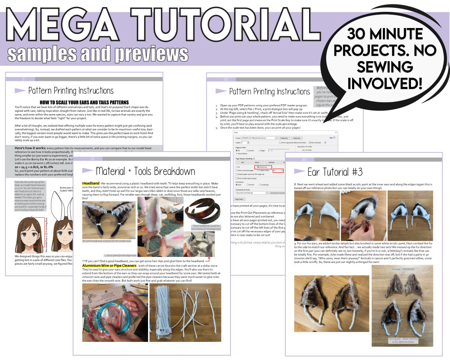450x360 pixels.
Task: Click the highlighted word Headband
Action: [91, 184]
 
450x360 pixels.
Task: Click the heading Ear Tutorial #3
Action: [335, 172]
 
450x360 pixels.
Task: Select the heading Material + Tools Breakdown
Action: [145, 171]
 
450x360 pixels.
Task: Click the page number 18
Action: [92, 159]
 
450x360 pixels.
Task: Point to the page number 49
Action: [304, 159]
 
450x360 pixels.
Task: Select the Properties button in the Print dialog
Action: [283, 138]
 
